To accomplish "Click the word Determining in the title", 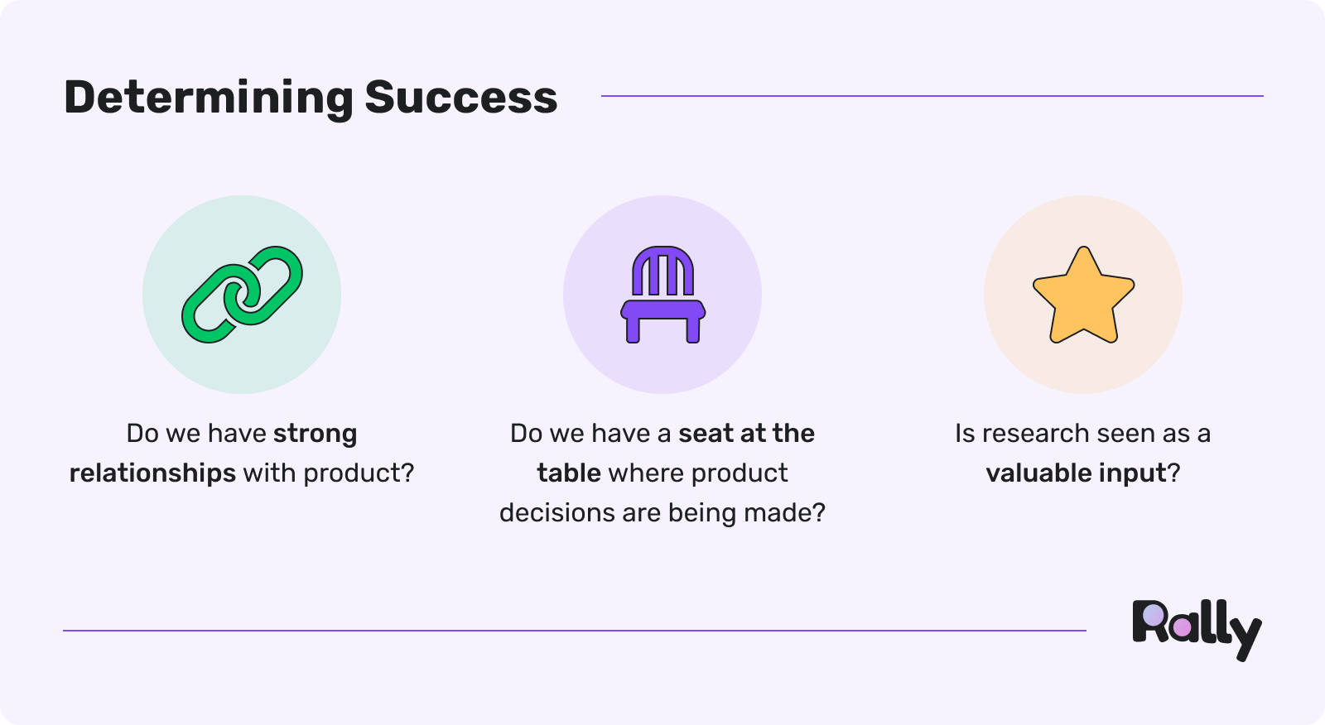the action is coord(209,98).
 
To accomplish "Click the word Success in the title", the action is coord(461,97).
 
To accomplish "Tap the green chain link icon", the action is coord(242,295).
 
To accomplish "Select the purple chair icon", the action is coord(663,295).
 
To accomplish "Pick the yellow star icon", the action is coord(1084,295).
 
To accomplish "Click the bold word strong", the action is coord(316,435).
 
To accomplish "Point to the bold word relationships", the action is coord(152,473).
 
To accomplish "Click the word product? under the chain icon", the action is coord(359,473).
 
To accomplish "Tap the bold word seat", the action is coord(706,434).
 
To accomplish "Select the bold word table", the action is coord(569,473).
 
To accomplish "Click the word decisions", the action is coord(557,512).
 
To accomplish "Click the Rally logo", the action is coord(1197,631).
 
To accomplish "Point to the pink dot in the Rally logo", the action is coord(1182,628).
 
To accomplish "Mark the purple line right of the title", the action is coord(932,96).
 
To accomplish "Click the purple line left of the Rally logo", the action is coord(575,631).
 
